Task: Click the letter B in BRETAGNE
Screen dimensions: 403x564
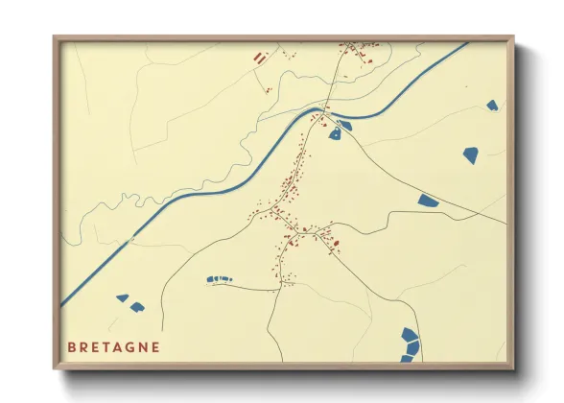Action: pyautogui.click(x=72, y=346)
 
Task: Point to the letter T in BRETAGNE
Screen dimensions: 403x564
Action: pyautogui.click(x=100, y=346)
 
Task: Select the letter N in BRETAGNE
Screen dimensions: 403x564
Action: pyautogui.click(x=141, y=346)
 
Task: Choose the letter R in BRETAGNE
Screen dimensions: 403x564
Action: pyautogui.click(x=84, y=346)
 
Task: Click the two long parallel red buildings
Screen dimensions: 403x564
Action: pyautogui.click(x=258, y=58)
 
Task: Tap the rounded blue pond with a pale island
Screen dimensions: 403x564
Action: pyautogui.click(x=335, y=134)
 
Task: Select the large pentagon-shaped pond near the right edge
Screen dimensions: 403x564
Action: pyautogui.click(x=471, y=154)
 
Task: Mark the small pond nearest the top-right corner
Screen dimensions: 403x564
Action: pyautogui.click(x=492, y=105)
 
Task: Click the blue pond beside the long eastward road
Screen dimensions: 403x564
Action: pyautogui.click(x=428, y=201)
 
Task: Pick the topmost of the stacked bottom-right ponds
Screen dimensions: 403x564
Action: pyautogui.click(x=411, y=335)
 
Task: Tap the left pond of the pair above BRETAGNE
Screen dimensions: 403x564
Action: pyautogui.click(x=123, y=297)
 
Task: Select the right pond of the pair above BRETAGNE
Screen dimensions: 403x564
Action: pyautogui.click(x=137, y=306)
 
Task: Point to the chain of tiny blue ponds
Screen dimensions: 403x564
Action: pyautogui.click(x=220, y=278)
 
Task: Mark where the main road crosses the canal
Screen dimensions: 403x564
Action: pyautogui.click(x=319, y=113)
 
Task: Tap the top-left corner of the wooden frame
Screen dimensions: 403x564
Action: pyautogui.click(x=56, y=38)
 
